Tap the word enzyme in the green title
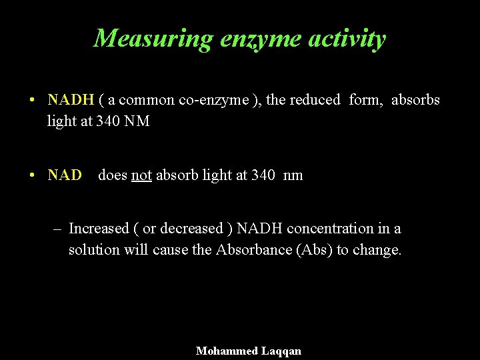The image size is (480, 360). point(258,39)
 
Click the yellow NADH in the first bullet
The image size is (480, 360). point(71,100)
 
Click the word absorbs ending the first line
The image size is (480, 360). point(415,100)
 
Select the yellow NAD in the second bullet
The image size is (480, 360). point(65,175)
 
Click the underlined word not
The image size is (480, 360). point(141,175)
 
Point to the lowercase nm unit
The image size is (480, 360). point(293,175)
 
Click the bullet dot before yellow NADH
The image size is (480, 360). point(32,101)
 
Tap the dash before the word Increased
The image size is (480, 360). point(58,229)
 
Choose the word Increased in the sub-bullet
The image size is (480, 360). point(99,229)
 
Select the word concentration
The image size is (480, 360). point(322,229)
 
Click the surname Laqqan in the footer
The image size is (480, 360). point(281,351)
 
